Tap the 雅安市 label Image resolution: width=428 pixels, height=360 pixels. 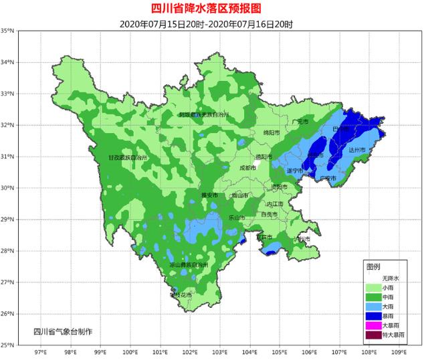210,195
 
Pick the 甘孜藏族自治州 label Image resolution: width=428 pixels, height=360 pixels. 128,158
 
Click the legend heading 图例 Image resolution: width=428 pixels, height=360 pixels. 373,266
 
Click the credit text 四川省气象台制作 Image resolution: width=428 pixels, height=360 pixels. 64,332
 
